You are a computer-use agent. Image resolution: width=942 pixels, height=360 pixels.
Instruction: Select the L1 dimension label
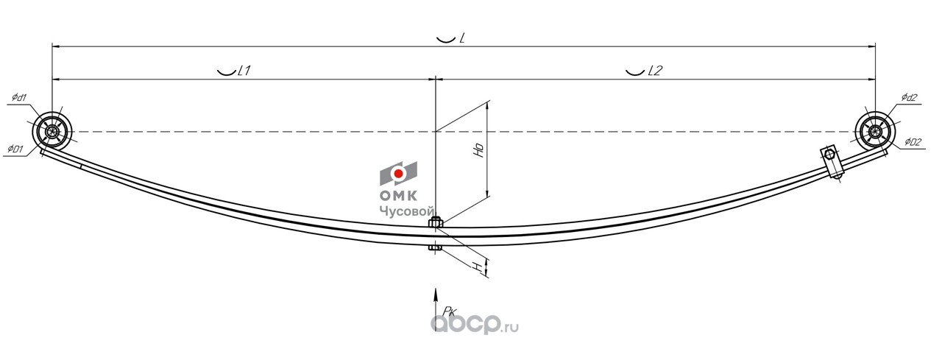pos(244,71)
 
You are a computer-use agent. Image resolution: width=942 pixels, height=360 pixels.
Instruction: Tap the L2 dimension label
pos(655,71)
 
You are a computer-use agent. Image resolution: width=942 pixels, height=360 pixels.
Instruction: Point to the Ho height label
pos(478,151)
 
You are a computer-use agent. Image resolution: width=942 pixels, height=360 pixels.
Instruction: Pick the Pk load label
pos(440,311)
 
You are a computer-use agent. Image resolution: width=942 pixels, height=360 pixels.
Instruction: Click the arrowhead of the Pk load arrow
pos(436,292)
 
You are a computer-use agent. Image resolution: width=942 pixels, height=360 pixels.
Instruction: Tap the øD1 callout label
pos(17,149)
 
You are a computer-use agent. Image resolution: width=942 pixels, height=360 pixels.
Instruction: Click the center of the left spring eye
pos(53,133)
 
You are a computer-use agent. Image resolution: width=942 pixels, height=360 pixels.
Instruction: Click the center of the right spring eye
pos(875,133)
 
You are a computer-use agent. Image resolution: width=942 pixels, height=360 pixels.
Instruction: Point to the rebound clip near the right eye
pos(832,161)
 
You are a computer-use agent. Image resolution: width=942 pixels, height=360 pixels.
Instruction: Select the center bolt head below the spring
pos(435,248)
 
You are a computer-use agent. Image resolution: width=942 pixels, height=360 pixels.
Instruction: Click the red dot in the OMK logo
pos(398,174)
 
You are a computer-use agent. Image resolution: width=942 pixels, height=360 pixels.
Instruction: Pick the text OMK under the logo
pos(398,196)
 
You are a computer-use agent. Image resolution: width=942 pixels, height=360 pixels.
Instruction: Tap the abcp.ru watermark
pos(474,323)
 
